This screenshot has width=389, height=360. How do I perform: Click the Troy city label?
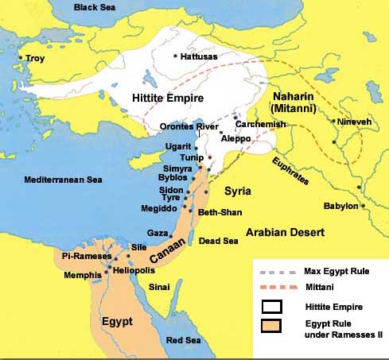pyautogui.click(x=35, y=58)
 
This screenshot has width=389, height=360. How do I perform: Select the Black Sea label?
pyautogui.click(x=95, y=7)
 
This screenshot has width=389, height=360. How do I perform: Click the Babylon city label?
pyautogui.click(x=341, y=207)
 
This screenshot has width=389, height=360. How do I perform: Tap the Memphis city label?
pyautogui.click(x=84, y=274)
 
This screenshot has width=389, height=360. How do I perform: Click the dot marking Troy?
pyautogui.click(x=22, y=58)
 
